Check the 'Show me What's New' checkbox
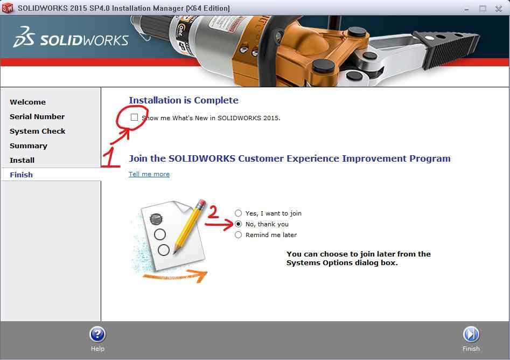click(134, 117)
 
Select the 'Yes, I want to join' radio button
click(239, 213)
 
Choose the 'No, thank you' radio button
click(239, 224)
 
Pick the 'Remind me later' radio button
click(239, 234)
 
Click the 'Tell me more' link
click(149, 174)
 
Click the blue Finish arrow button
click(471, 334)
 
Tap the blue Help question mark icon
click(97, 334)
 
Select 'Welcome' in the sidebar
click(27, 102)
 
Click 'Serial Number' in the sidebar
click(37, 116)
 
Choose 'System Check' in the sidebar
click(37, 131)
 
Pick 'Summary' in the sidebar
click(29, 146)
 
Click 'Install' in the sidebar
click(22, 160)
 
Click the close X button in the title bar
click(499, 9)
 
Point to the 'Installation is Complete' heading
click(184, 100)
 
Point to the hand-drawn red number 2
click(213, 212)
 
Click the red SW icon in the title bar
click(8, 8)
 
